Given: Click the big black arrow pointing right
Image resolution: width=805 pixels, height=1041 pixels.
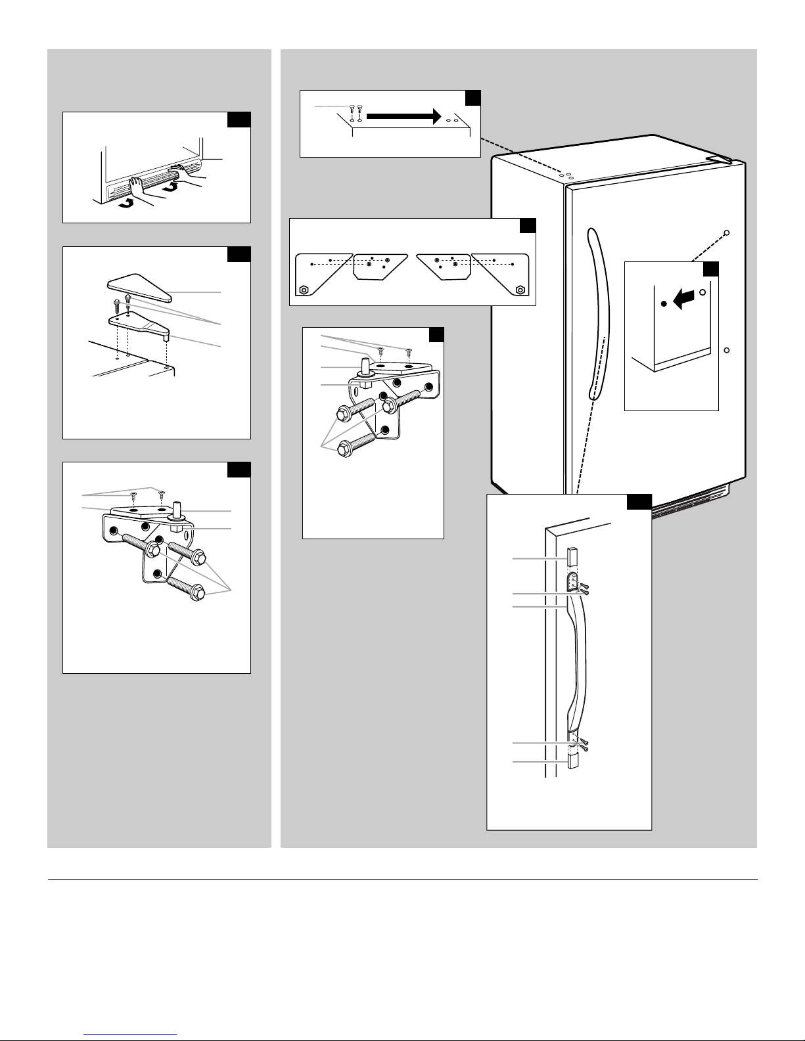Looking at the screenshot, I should point(402,116).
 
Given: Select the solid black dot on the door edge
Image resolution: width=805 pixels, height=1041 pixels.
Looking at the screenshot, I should point(664,303).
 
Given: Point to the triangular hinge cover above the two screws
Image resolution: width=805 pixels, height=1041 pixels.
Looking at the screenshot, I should point(139,286).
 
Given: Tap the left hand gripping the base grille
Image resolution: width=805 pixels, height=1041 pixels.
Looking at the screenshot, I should point(139,187).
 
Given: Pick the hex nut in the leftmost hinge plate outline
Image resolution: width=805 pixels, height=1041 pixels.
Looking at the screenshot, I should point(304,289).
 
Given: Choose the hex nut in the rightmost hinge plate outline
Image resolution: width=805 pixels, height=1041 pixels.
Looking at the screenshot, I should point(520,289).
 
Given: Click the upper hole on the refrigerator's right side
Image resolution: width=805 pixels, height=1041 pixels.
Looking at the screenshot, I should point(727,233).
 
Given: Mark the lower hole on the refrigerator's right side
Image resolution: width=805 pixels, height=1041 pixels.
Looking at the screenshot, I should point(727,349).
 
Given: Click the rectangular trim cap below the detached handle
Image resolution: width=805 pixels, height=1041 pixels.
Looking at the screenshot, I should point(571,762).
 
